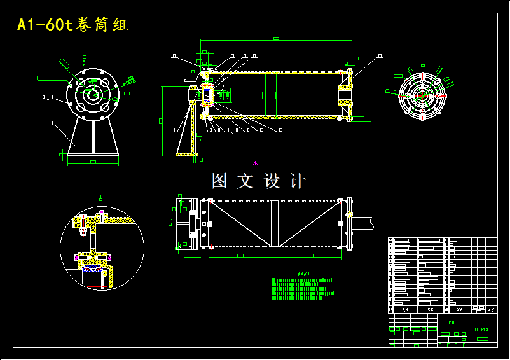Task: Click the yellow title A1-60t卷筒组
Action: pos(72,25)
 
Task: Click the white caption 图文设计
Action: pos(258,181)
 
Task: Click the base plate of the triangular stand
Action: pos(93,154)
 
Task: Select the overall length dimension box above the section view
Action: pos(276,38)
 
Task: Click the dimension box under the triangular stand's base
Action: pos(93,162)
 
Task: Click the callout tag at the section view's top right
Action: pos(380,57)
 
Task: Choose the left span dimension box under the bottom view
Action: pos(240,255)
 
